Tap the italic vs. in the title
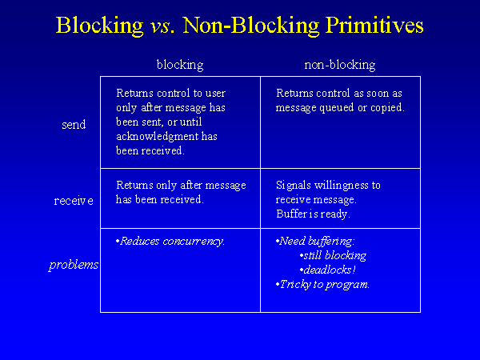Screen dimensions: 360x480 [x=164, y=26]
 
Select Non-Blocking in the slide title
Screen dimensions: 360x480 [x=240, y=26]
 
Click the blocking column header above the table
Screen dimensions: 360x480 [x=180, y=65]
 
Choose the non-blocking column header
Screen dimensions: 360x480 [x=340, y=65]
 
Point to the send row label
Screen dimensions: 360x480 [x=74, y=125]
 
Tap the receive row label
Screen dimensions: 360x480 [x=74, y=200]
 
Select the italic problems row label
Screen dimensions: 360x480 [x=74, y=265]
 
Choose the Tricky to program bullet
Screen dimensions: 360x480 [x=323, y=284]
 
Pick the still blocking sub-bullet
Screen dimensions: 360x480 [x=334, y=255]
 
